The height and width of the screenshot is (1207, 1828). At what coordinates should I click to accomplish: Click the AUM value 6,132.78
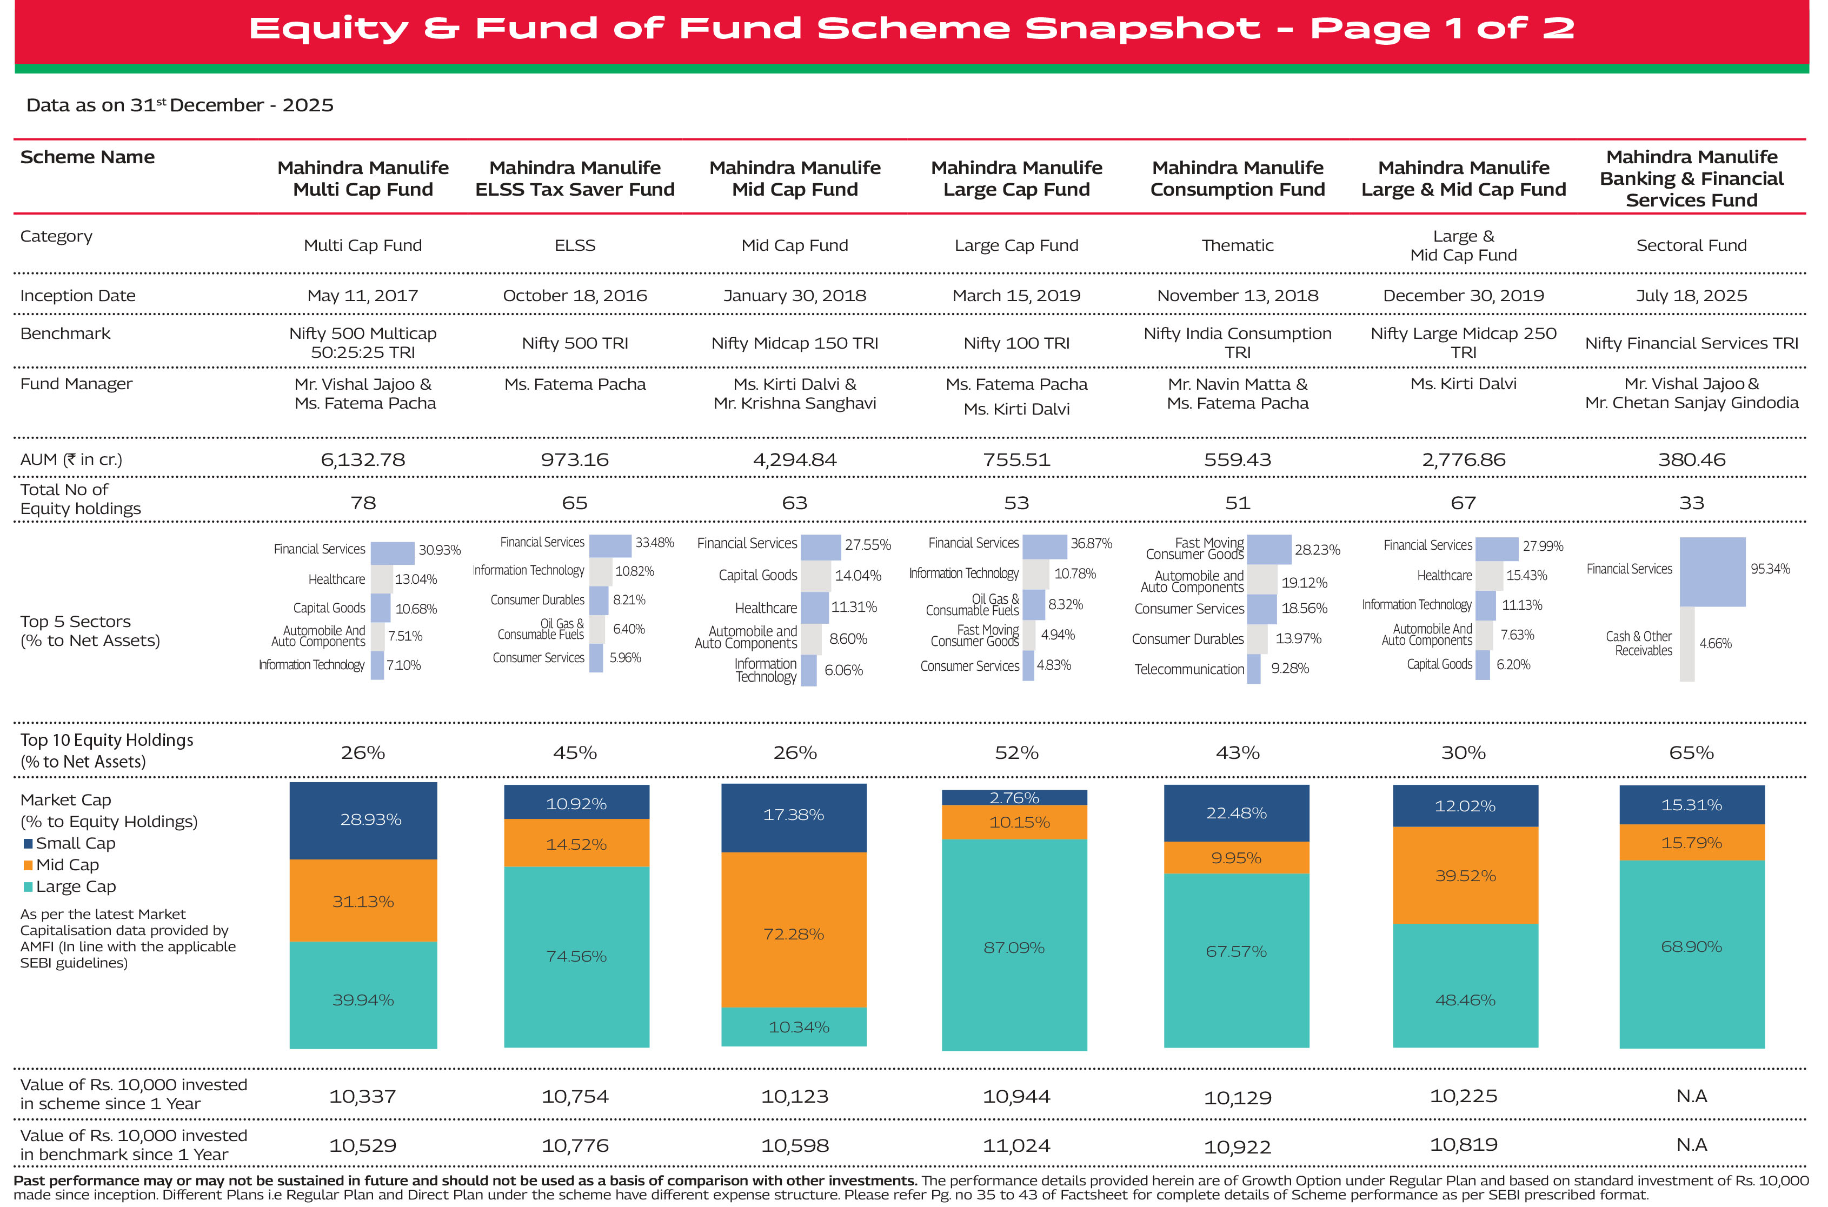[x=363, y=459]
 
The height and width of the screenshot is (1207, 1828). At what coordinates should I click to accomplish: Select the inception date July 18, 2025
[x=1691, y=296]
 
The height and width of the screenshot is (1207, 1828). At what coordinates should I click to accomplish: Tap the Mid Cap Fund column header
[x=795, y=178]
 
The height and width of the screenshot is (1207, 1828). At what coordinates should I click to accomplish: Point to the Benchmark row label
[x=65, y=334]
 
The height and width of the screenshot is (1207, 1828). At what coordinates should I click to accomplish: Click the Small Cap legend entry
[x=69, y=843]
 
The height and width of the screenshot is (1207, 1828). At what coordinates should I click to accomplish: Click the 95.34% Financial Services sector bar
[x=1712, y=571]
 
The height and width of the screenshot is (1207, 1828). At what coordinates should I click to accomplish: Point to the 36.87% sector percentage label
[x=1091, y=543]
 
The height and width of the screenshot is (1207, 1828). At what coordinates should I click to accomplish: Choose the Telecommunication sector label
[x=1189, y=669]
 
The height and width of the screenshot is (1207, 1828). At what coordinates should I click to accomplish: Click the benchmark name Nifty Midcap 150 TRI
[x=795, y=343]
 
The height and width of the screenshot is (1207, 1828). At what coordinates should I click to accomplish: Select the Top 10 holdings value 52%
[x=1016, y=753]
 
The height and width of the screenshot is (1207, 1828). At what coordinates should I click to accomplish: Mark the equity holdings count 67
[x=1463, y=503]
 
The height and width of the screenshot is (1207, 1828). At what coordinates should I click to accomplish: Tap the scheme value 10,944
[x=1016, y=1096]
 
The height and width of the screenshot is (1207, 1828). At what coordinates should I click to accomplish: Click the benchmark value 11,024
[x=1016, y=1145]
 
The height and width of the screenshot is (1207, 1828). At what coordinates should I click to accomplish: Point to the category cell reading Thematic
[x=1238, y=245]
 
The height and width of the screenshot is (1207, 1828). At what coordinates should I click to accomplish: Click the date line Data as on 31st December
[x=180, y=105]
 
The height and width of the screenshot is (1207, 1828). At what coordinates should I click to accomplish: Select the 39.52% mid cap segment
[x=1465, y=875]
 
